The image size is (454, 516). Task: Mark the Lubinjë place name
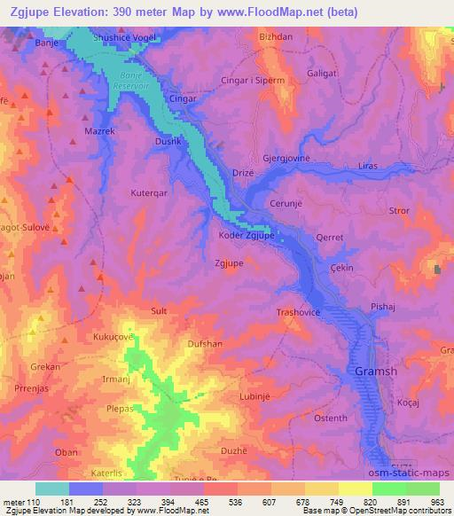(254, 396)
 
